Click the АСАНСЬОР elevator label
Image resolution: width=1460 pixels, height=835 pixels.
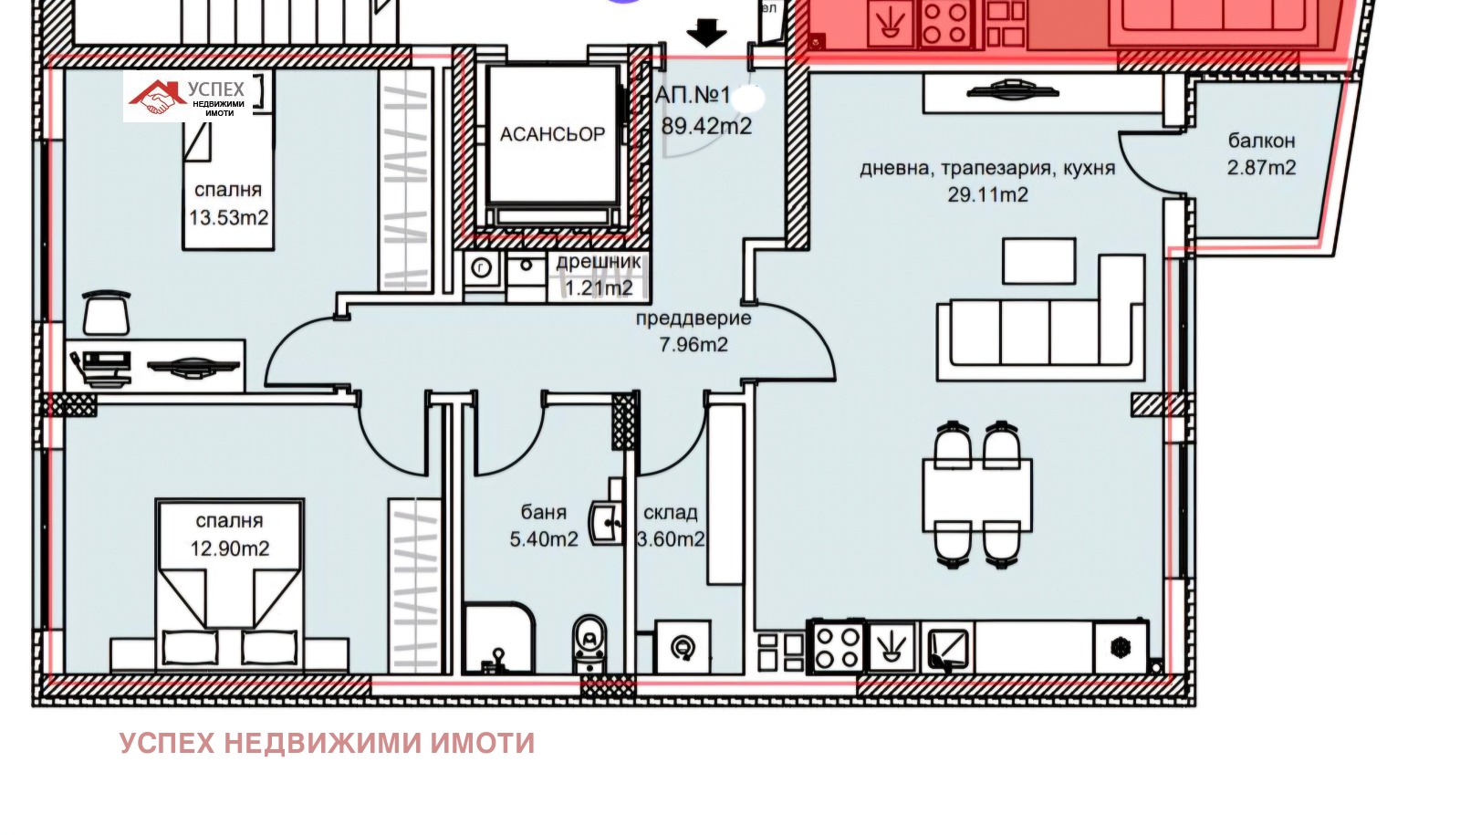tap(552, 134)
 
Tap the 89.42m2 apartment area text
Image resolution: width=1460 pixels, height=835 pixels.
tap(706, 126)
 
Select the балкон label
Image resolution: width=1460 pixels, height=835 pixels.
tap(1261, 141)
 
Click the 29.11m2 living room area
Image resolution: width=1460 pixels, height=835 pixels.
tap(987, 194)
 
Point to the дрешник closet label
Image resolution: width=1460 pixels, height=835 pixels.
tap(599, 262)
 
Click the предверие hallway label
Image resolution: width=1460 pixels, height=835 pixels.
tap(693, 318)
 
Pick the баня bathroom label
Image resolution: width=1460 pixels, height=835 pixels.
tap(544, 513)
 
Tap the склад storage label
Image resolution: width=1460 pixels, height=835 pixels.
tap(670, 513)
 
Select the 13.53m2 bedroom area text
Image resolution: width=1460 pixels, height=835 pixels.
tap(228, 218)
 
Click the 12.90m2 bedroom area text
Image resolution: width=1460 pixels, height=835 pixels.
tap(229, 548)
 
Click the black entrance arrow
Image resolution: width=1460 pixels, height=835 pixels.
tap(706, 34)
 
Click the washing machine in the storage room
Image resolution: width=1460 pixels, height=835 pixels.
tap(683, 647)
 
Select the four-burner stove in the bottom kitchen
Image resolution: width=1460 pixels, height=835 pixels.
tap(838, 647)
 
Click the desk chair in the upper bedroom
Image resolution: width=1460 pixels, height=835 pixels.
tap(107, 314)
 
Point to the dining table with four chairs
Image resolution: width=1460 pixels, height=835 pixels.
tap(976, 495)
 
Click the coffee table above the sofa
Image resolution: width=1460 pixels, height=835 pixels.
tap(1038, 261)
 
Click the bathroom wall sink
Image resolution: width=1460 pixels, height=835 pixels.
tap(606, 523)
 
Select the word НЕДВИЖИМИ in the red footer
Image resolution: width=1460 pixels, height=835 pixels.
tap(322, 744)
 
